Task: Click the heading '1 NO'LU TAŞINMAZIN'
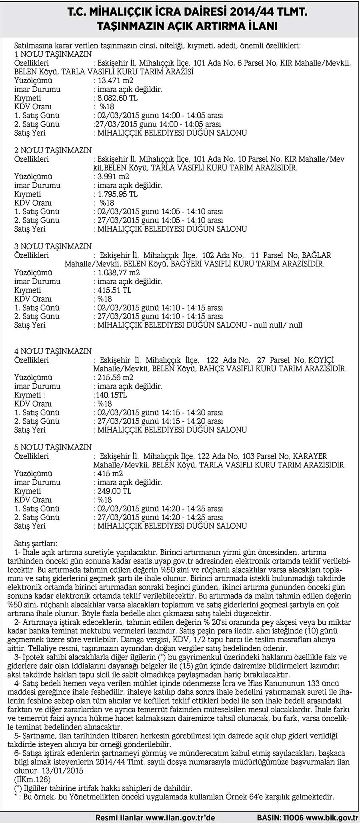coord(53,54)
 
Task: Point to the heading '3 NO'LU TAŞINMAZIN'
coord(53,247)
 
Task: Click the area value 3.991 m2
coord(114,177)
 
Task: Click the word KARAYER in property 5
coord(310,456)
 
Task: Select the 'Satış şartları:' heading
coord(36,544)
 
